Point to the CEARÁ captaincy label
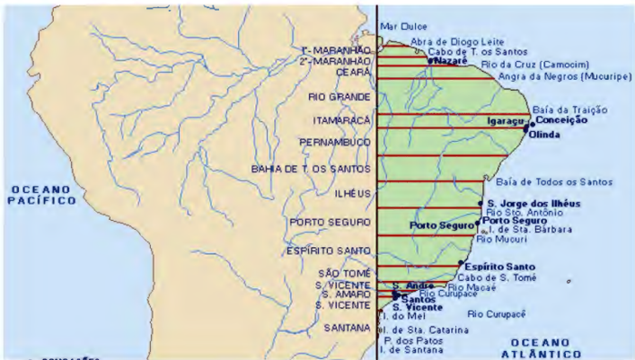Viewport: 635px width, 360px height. click(x=354, y=73)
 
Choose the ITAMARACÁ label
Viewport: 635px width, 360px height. click(x=342, y=120)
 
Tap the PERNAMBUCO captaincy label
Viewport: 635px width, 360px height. click(x=335, y=143)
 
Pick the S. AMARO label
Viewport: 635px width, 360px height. click(x=344, y=295)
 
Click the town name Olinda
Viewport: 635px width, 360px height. click(x=544, y=135)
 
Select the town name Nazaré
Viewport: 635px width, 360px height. click(x=450, y=62)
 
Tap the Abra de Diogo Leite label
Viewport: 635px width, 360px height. click(x=444, y=41)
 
